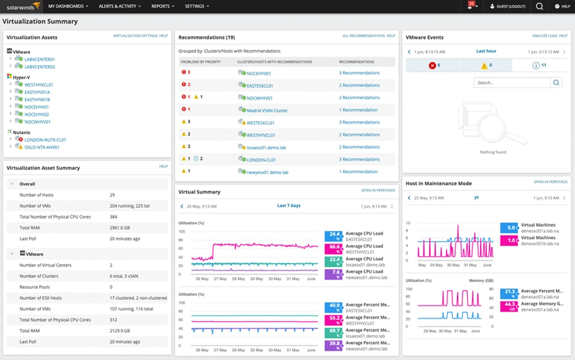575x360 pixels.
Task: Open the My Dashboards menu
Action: coord(68,6)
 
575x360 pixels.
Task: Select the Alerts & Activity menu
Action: coord(120,6)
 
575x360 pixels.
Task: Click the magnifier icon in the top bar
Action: coord(539,6)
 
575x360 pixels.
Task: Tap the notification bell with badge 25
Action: coord(471,6)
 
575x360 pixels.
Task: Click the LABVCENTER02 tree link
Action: coord(40,67)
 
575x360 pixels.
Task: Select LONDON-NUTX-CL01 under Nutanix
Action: coord(45,140)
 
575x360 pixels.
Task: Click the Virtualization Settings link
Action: coord(135,36)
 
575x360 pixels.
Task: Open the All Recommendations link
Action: coord(363,36)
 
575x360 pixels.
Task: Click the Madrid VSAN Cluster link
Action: coord(267,110)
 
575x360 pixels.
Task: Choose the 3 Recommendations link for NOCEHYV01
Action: coord(359,73)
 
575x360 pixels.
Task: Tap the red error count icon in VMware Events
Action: coord(432,66)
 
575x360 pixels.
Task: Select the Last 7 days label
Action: coord(288,206)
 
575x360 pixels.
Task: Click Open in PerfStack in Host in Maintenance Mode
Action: coord(550,182)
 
